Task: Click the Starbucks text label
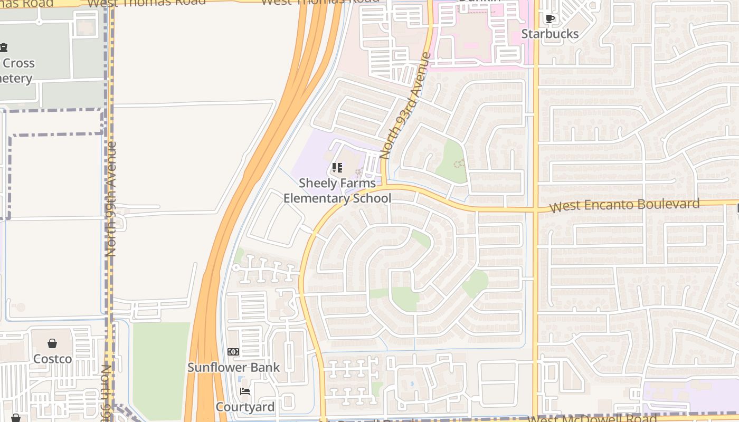point(550,34)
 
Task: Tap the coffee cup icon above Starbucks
point(550,19)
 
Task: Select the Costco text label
point(52,359)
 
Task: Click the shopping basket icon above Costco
point(52,344)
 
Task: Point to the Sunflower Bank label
point(234,367)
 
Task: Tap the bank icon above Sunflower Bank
point(233,352)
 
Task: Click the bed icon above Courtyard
point(245,391)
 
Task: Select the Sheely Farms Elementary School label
point(337,190)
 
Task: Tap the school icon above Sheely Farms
point(337,168)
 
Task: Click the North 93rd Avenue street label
point(405,105)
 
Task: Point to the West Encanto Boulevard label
point(624,205)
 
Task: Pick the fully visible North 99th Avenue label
point(111,199)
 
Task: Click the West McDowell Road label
point(592,418)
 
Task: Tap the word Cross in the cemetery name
point(19,63)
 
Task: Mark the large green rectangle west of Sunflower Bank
point(160,369)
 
